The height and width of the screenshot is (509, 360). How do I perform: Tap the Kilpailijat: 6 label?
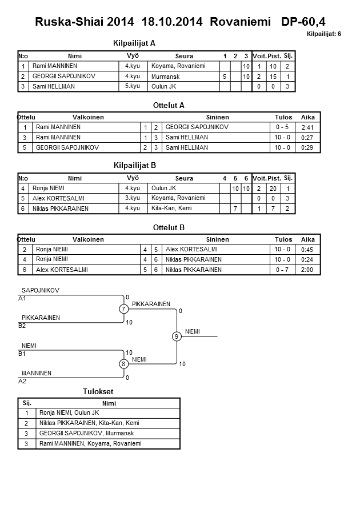click(324, 34)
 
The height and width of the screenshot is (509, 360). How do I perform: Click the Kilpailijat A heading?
click(135, 43)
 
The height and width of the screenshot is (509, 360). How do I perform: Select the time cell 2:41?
click(308, 127)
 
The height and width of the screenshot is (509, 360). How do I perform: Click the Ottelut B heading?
click(169, 227)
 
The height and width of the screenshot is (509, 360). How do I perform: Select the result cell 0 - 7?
click(282, 270)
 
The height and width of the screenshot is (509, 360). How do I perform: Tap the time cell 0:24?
click(308, 259)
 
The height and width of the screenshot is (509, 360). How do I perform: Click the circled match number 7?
click(123, 309)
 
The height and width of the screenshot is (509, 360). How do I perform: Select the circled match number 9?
click(177, 336)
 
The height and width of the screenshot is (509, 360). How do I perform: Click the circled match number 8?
click(123, 364)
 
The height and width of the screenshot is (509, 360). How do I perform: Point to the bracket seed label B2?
click(22, 326)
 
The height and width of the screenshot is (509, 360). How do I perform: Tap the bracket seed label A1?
click(22, 298)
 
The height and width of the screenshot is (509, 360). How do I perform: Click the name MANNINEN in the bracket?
click(37, 373)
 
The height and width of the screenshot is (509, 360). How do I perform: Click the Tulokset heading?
click(99, 391)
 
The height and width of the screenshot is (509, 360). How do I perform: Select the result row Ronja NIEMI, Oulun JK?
click(69, 413)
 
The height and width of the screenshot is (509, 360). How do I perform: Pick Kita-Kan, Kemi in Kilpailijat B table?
click(171, 209)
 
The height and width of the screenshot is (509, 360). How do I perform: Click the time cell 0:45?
click(308, 249)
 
